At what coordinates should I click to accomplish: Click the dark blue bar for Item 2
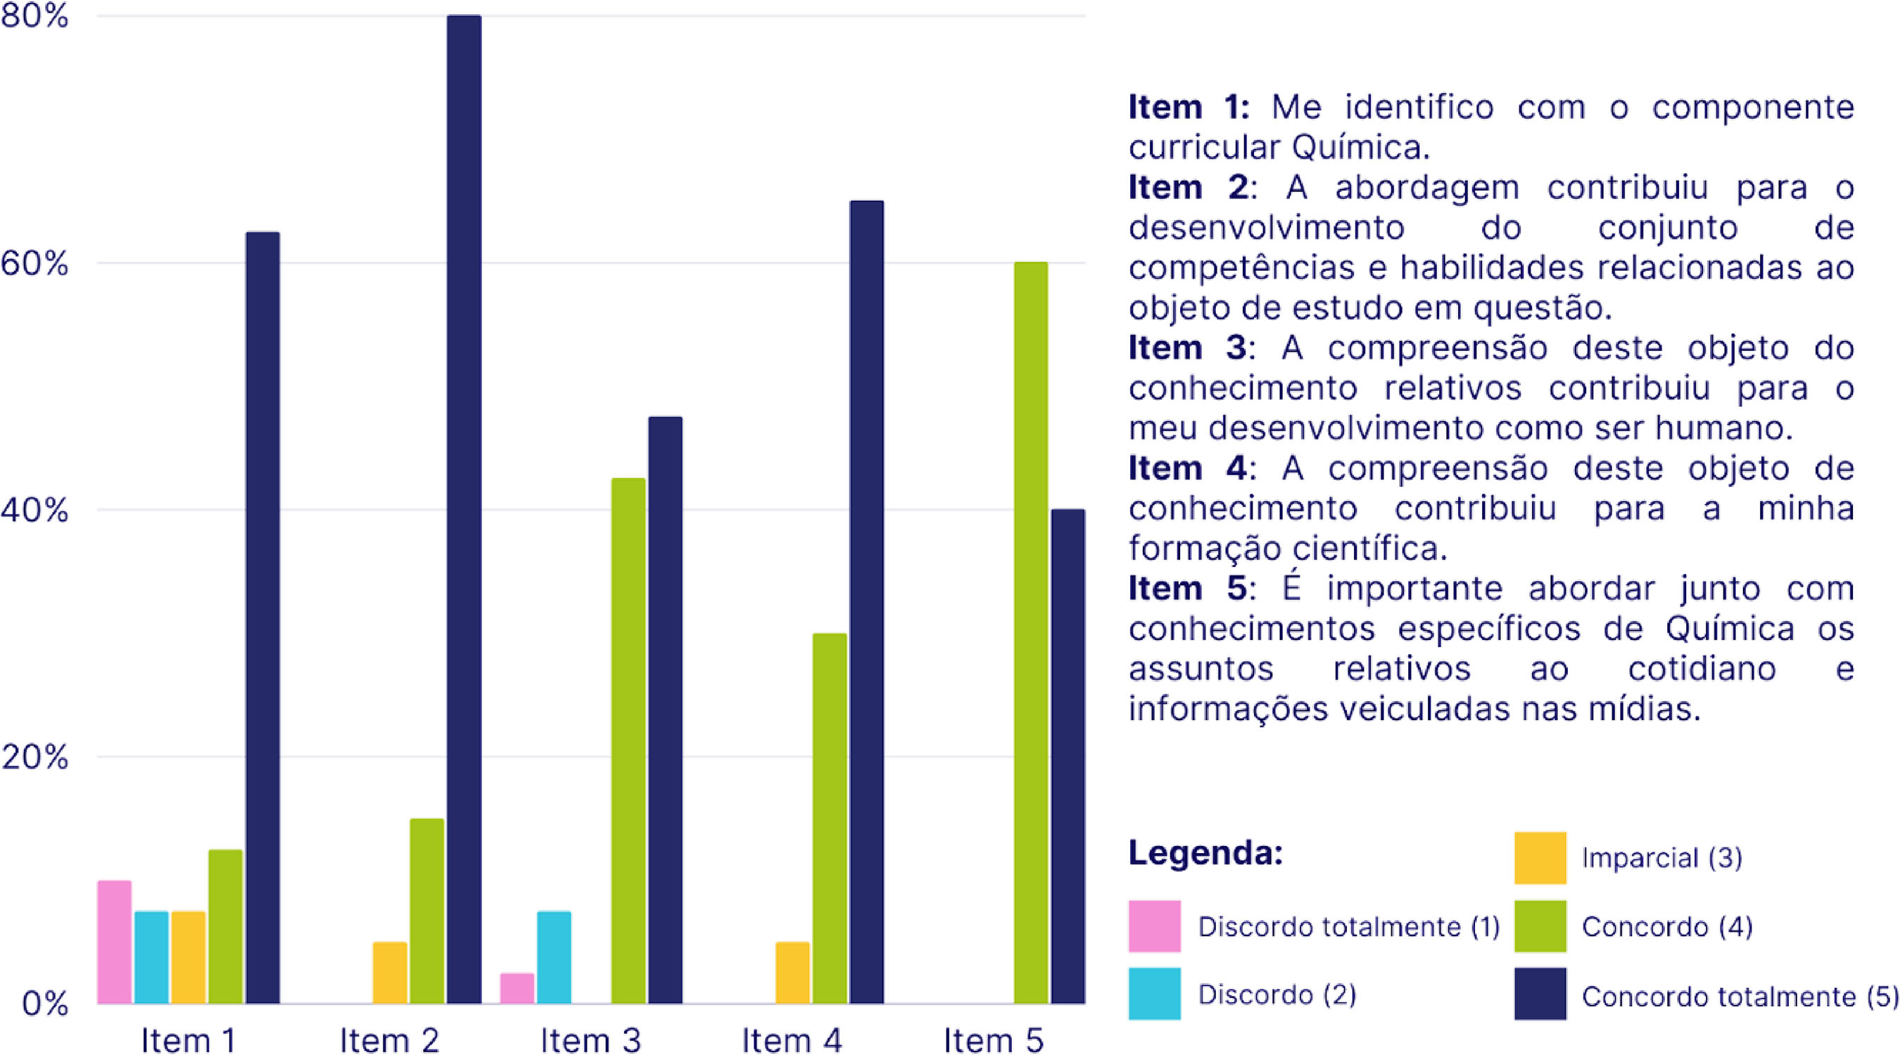point(464,509)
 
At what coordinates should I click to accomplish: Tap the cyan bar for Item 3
point(554,958)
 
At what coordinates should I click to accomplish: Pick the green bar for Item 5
point(1030,632)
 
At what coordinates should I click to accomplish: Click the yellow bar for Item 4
point(792,973)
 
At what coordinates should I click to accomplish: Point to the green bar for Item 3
point(628,741)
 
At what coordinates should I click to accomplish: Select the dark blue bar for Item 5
point(1068,756)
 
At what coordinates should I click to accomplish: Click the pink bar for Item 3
point(517,989)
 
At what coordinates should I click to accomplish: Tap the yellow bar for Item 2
point(389,973)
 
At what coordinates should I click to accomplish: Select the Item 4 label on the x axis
point(792,1040)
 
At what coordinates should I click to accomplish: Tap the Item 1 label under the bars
point(188,1040)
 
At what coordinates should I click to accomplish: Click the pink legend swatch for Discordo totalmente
point(1154,926)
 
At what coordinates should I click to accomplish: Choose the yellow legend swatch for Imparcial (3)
point(1540,858)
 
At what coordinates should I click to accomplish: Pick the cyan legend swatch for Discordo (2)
point(1154,994)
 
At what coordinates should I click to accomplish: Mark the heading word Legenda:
point(1206,853)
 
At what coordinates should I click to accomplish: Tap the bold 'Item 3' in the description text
point(1188,348)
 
